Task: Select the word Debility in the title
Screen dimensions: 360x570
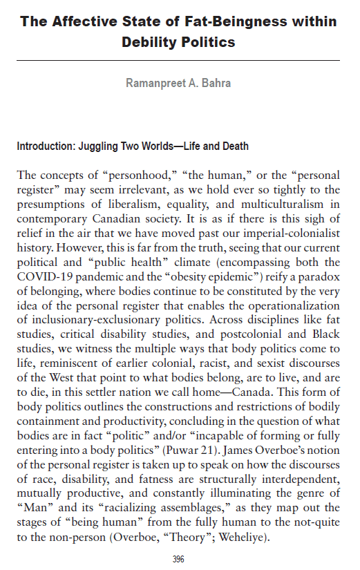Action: pos(150,42)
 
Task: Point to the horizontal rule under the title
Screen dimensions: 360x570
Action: pos(179,61)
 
